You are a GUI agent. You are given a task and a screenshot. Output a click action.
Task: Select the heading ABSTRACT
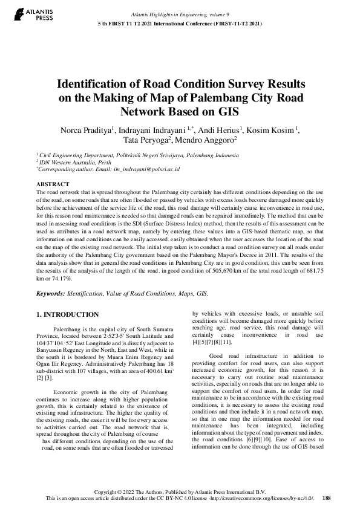[53, 183]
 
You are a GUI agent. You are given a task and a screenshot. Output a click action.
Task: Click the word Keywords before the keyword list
[50, 293]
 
